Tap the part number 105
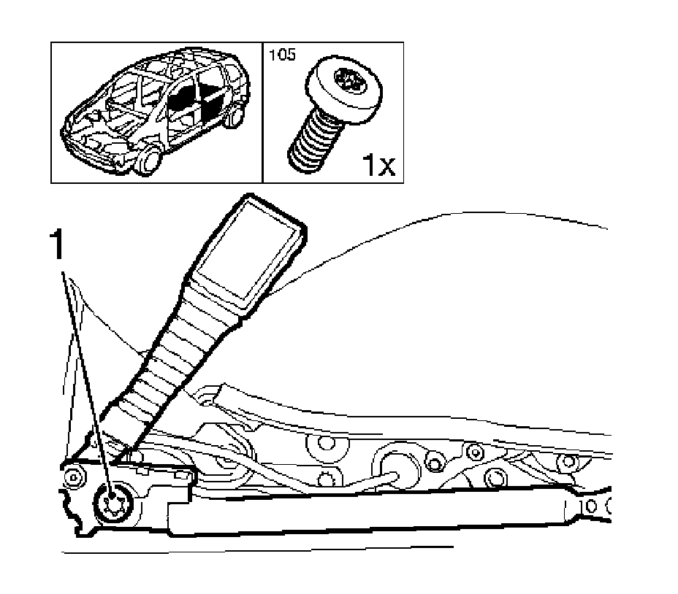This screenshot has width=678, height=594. pyautogui.click(x=283, y=55)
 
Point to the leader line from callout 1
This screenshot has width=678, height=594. pyautogui.click(x=88, y=379)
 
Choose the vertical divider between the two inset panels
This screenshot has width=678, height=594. pyautogui.click(x=262, y=112)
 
